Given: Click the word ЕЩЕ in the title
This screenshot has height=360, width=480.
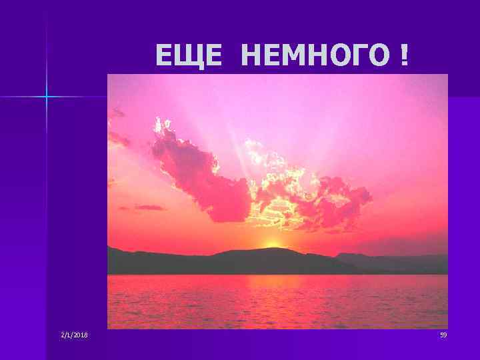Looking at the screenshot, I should tap(189, 56).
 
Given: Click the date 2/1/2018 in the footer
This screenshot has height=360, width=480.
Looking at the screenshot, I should tap(73, 335).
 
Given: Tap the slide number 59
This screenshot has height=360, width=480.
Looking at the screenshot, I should tap(443, 335).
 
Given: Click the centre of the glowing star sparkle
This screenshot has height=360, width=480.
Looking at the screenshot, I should tap(47, 97).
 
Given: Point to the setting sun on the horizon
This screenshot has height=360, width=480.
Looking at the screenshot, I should tap(272, 244).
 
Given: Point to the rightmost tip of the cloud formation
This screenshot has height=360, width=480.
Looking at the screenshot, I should tap(371, 195).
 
